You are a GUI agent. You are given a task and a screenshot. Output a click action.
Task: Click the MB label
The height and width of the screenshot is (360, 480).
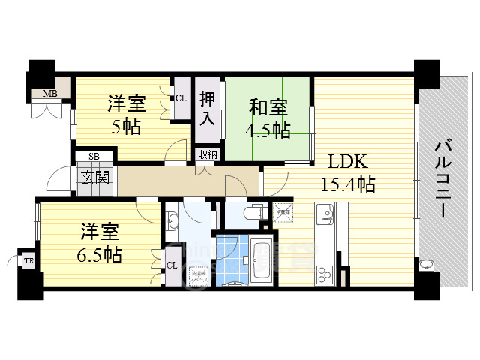pyautogui.click(x=49, y=94)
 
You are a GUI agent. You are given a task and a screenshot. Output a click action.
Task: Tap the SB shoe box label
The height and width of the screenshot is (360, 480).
pyautogui.click(x=94, y=156)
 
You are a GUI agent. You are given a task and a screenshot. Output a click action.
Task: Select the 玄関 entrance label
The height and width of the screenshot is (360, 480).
pyautogui.click(x=94, y=178)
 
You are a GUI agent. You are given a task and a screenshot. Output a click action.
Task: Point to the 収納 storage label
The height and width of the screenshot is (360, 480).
pyautogui.click(x=208, y=154)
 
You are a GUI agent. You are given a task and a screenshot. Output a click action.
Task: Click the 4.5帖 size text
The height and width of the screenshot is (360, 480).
pyautogui.click(x=268, y=129)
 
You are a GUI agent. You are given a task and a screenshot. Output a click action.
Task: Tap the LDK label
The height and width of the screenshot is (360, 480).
pyautogui.click(x=346, y=161)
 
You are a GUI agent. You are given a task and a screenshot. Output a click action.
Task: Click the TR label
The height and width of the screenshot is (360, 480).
pyautogui.click(x=28, y=260)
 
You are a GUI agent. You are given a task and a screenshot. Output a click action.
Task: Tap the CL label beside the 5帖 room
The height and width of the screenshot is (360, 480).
pyautogui.click(x=181, y=97)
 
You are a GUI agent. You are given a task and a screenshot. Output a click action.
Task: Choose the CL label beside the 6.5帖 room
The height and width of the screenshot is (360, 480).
pyautogui.click(x=172, y=265)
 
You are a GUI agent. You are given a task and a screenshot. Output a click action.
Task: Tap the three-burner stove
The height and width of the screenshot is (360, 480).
pyautogui.click(x=324, y=272)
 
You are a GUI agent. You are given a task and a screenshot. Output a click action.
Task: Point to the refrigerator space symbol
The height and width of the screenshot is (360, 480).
pyautogui.click(x=283, y=213)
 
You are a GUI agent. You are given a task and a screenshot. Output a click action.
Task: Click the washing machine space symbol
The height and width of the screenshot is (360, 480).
pyautogui.click(x=199, y=275)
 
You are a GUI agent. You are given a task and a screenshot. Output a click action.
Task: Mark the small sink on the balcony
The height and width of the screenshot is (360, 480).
pyautogui.click(x=427, y=264)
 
